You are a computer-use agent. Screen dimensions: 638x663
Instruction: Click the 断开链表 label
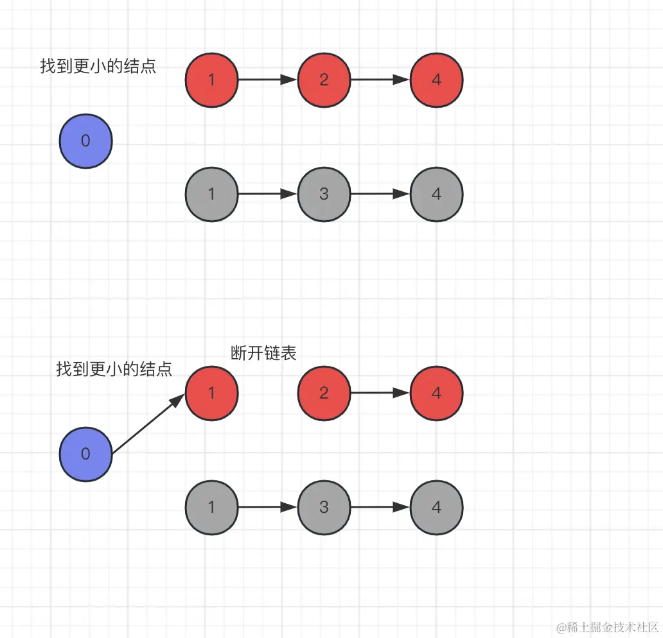tap(263, 353)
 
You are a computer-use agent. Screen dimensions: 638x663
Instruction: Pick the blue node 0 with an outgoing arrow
tap(86, 454)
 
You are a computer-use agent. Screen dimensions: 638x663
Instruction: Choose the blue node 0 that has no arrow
tap(86, 141)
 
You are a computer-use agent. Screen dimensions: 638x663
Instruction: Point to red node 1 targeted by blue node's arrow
tap(211, 393)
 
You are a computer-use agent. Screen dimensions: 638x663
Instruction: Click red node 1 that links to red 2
tap(211, 80)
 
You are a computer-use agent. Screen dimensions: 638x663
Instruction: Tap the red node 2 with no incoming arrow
tap(324, 393)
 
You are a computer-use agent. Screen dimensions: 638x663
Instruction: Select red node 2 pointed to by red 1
tap(324, 80)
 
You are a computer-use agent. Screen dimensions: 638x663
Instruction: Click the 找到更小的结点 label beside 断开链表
tap(114, 369)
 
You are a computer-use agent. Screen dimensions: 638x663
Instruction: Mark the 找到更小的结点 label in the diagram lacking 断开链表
tap(98, 66)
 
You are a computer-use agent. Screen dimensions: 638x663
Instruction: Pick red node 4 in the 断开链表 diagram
tap(436, 393)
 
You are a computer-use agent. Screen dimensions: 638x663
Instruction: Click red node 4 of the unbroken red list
tap(436, 80)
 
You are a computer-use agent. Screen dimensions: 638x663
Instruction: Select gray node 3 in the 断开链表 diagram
tap(324, 507)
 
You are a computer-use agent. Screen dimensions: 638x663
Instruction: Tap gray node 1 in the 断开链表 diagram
tap(211, 507)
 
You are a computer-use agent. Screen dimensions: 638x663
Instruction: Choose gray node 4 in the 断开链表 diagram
tap(436, 507)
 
